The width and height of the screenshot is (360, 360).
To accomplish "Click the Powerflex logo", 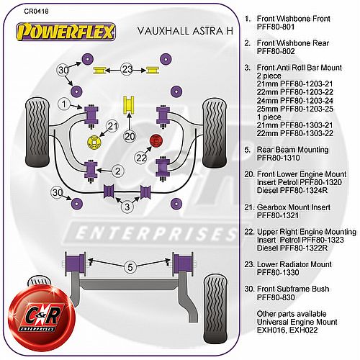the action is click(66, 32).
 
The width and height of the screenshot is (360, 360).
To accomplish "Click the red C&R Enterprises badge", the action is click(41, 315).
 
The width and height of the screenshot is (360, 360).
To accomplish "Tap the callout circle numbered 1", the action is click(64, 104).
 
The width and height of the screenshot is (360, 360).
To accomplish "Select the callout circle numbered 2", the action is click(118, 171).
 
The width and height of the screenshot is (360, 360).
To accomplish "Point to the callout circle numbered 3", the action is click(127, 207).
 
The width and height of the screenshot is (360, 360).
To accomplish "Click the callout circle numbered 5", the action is click(130, 267).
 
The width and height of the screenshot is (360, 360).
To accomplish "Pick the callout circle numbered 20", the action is click(130, 136).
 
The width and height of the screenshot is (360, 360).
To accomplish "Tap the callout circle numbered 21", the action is click(112, 126).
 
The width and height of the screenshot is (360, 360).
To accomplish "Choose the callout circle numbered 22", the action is click(141, 158).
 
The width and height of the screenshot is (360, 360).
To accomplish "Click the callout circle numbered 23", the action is click(127, 70).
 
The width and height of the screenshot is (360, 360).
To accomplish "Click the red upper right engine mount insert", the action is click(156, 140).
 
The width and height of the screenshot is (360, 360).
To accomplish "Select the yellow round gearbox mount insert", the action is click(94, 143).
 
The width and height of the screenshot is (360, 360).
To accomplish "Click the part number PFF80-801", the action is click(276, 27).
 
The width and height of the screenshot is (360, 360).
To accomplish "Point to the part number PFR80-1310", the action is click(279, 158).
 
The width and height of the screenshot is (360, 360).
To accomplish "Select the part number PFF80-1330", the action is click(278, 272).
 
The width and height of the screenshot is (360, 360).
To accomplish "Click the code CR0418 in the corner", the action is click(36, 12).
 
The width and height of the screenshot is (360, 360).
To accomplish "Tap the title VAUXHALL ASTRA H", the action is click(185, 31).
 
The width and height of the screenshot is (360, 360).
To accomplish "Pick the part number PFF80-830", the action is click(276, 297).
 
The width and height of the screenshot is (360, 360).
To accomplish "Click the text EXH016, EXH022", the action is click(287, 330).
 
